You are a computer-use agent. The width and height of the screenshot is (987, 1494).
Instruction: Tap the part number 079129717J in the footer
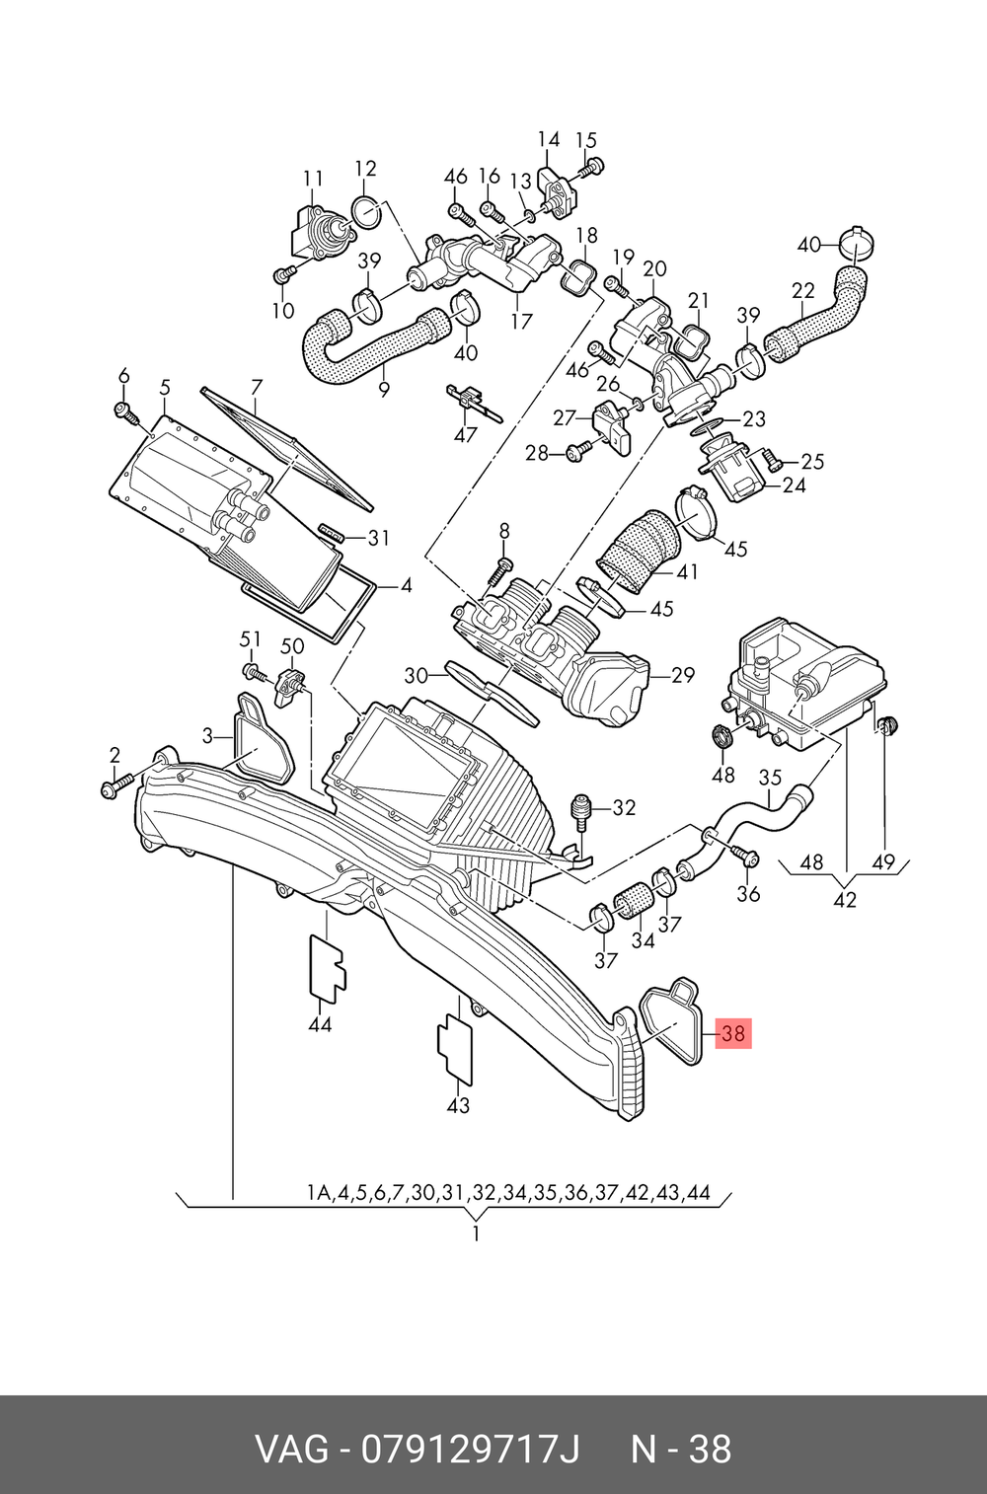coord(470,1448)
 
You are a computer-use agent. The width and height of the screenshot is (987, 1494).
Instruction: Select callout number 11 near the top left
coord(313,179)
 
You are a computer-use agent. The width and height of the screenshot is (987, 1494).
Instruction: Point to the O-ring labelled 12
coord(365,214)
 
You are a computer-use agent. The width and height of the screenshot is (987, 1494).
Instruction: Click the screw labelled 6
coord(126,412)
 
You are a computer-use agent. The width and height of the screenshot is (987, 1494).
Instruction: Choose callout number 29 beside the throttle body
coord(683,675)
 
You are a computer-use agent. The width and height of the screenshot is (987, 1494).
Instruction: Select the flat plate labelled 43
coord(454,1054)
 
